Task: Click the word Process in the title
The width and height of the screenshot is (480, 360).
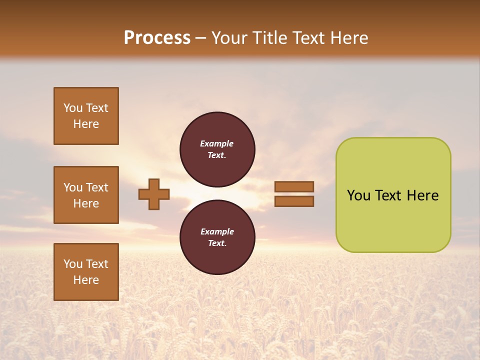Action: [157, 38]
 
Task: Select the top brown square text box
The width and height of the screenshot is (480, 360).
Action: [86, 116]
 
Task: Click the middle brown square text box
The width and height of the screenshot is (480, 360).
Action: [86, 195]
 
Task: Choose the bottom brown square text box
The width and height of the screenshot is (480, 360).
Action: [86, 272]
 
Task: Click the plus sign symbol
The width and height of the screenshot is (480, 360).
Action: [154, 194]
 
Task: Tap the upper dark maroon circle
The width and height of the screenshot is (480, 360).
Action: [217, 149]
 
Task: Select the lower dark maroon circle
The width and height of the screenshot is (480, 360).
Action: [217, 237]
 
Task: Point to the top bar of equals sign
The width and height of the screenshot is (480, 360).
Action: [294, 187]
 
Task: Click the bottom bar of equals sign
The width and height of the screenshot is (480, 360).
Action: [294, 201]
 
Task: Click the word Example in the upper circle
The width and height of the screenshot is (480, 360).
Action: [217, 143]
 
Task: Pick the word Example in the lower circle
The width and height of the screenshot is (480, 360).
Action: [217, 231]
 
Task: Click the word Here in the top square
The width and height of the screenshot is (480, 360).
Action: [86, 124]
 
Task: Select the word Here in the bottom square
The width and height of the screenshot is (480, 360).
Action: [86, 280]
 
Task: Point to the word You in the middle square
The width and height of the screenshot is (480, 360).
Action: [72, 187]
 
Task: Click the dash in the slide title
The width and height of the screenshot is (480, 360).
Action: [201, 38]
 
